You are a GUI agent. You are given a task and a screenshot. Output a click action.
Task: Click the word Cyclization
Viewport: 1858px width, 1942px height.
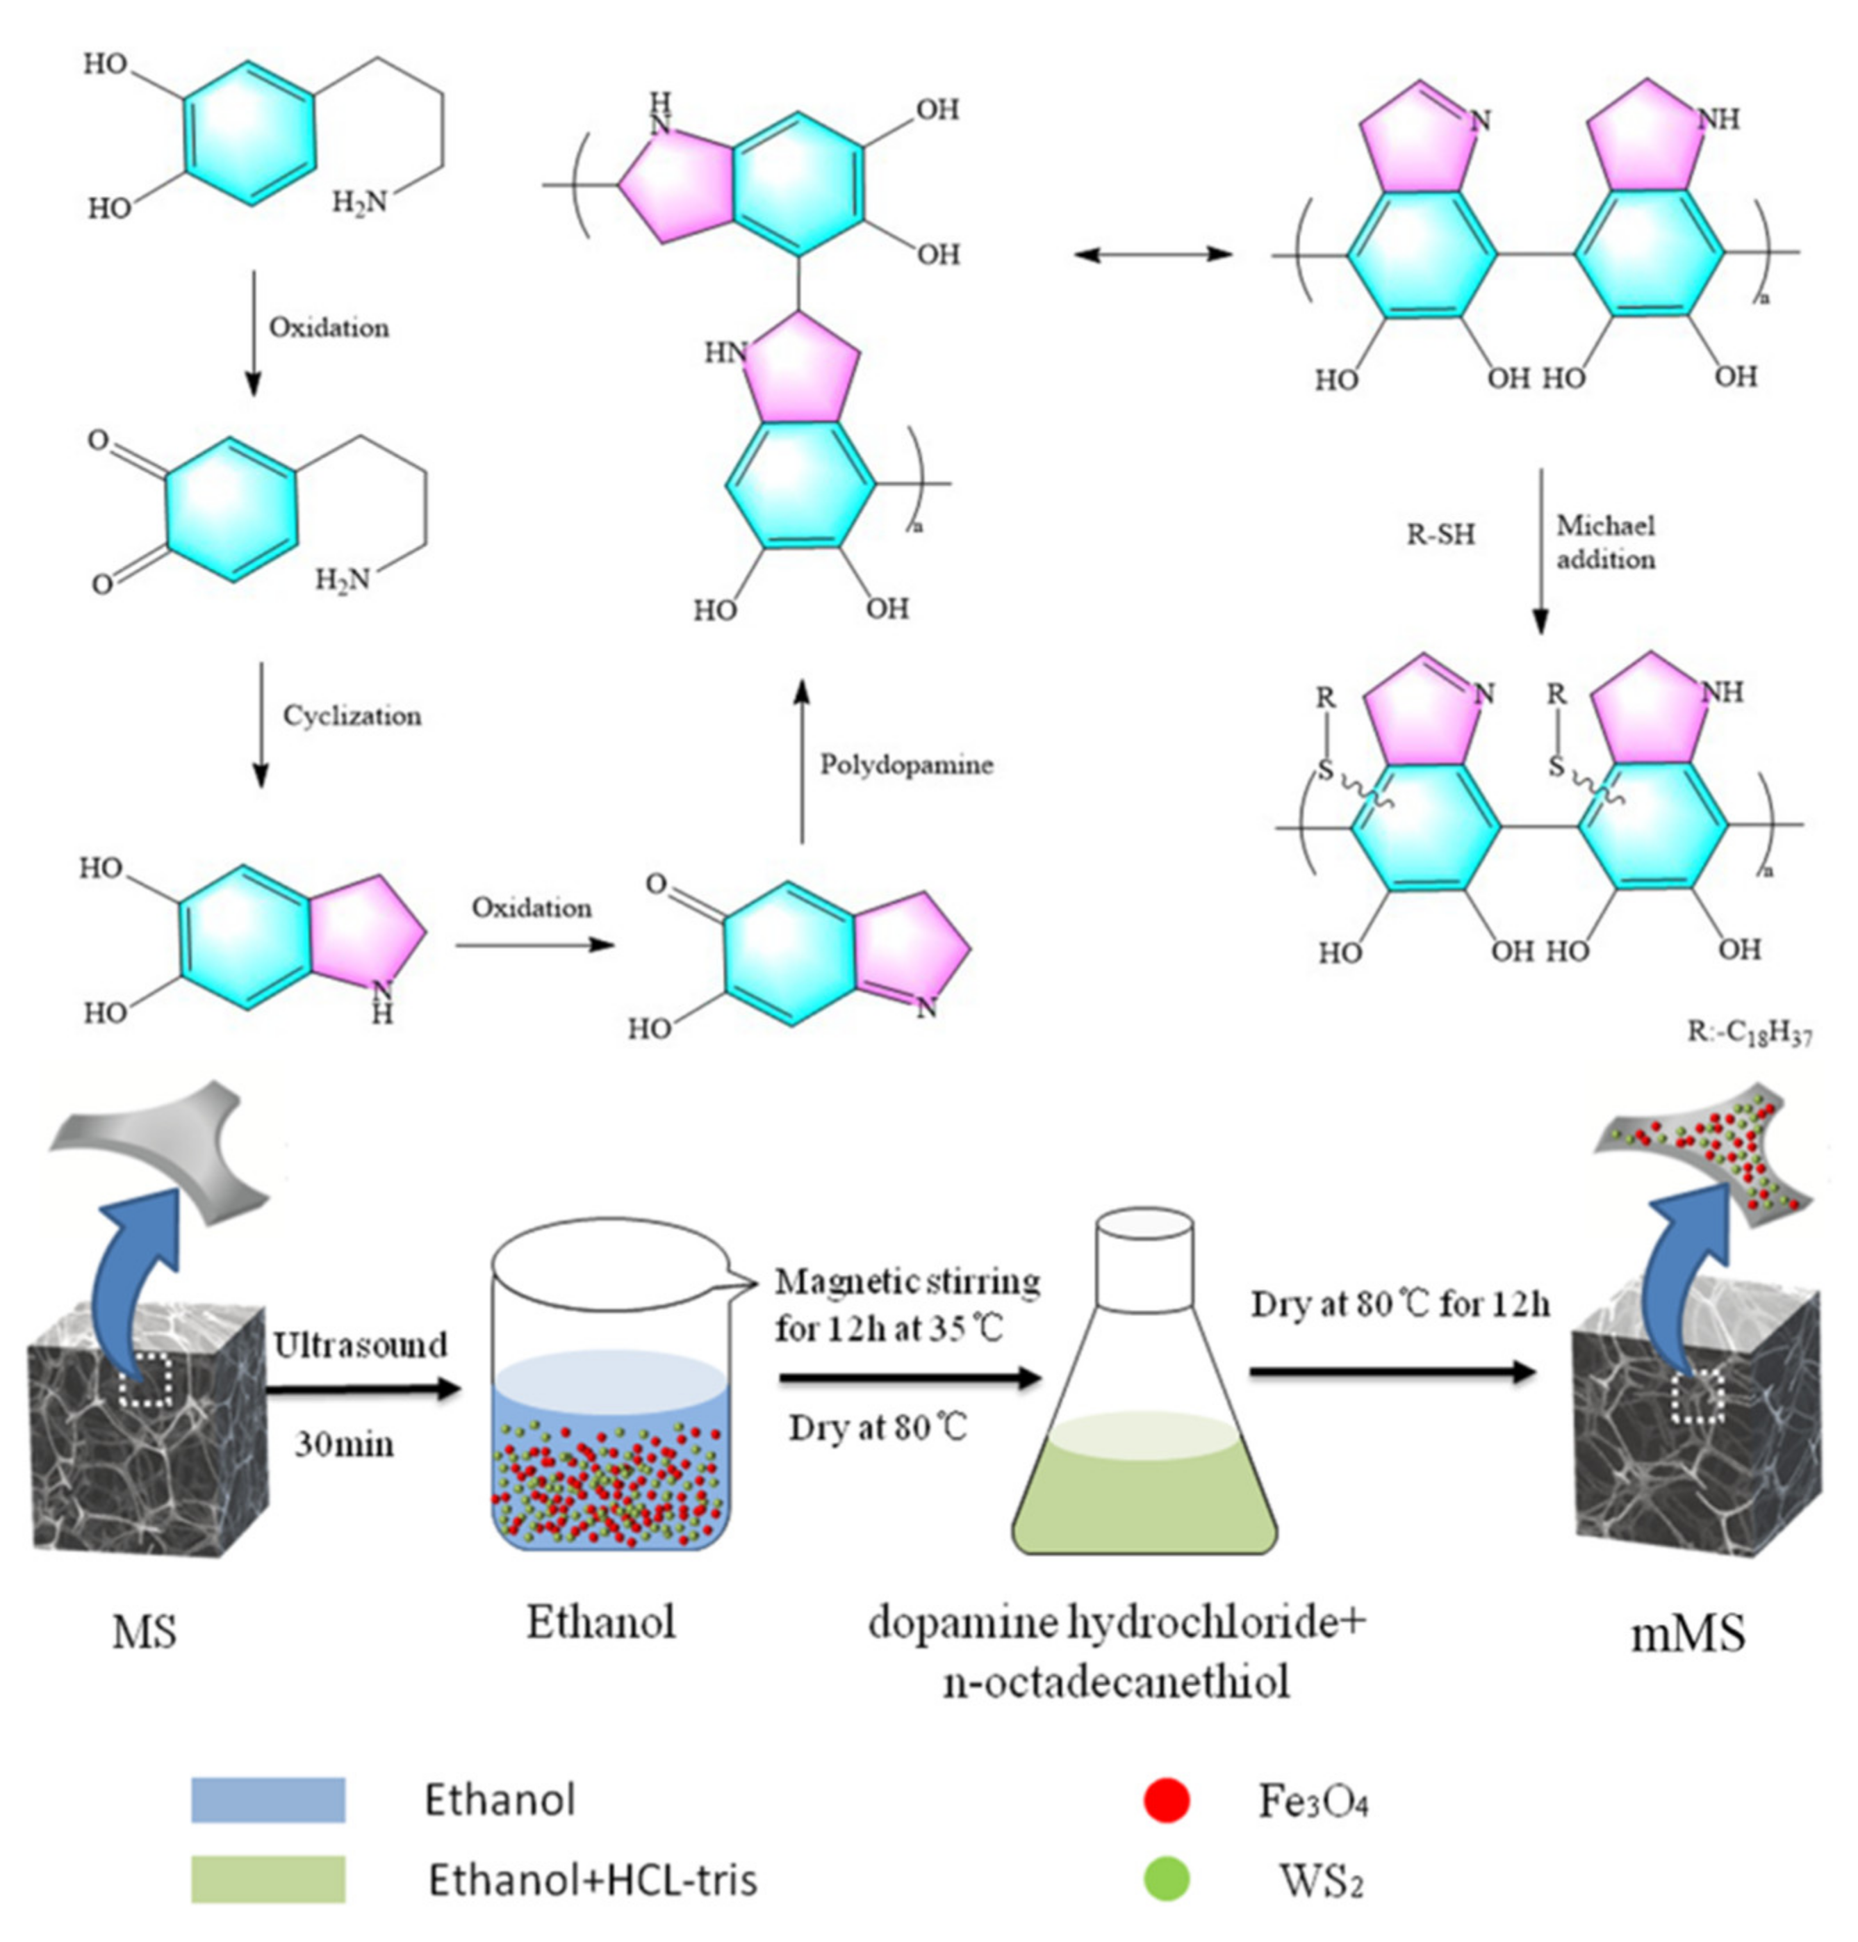(x=352, y=715)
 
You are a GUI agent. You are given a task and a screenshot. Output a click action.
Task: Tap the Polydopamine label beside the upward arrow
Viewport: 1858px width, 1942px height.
(x=906, y=764)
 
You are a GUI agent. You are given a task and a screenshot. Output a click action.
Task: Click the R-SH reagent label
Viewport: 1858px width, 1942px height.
(x=1441, y=535)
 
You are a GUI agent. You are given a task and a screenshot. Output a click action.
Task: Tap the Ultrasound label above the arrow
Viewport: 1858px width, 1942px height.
(x=361, y=1345)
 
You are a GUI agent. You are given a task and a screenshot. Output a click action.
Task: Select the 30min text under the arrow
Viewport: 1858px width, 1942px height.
(x=344, y=1443)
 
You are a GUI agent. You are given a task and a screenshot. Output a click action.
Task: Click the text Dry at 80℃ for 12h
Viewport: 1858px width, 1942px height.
(x=1399, y=1304)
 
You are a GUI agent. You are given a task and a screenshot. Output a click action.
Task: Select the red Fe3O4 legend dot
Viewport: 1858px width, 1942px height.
(x=1166, y=1800)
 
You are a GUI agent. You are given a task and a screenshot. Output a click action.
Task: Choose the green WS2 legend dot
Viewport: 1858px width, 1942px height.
(x=1166, y=1879)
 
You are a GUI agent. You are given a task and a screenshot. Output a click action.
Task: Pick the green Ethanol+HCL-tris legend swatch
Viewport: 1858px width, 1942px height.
(x=268, y=1879)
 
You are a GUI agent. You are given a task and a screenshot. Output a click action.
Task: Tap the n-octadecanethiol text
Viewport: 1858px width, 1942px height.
(x=1116, y=1681)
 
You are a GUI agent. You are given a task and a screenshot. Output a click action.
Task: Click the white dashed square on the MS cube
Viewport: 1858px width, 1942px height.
(x=146, y=1379)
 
